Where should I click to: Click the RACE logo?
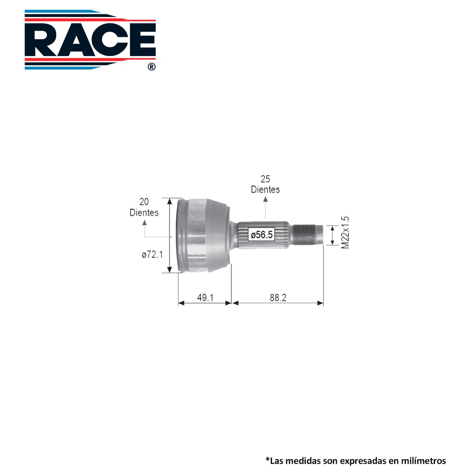pyautogui.click(x=90, y=40)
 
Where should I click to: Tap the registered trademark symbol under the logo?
pyautogui.click(x=152, y=67)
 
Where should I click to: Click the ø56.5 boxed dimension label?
pyautogui.click(x=262, y=234)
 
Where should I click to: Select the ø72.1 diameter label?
pyautogui.click(x=152, y=255)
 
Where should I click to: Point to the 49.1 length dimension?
pyautogui.click(x=205, y=298)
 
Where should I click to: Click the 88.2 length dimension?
pyautogui.click(x=278, y=298)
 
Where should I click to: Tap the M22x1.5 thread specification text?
pyautogui.click(x=345, y=232)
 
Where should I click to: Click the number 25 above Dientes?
pyautogui.click(x=265, y=179)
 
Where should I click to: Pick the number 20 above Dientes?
pyautogui.click(x=144, y=201)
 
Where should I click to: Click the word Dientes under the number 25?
pyautogui.click(x=265, y=190)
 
